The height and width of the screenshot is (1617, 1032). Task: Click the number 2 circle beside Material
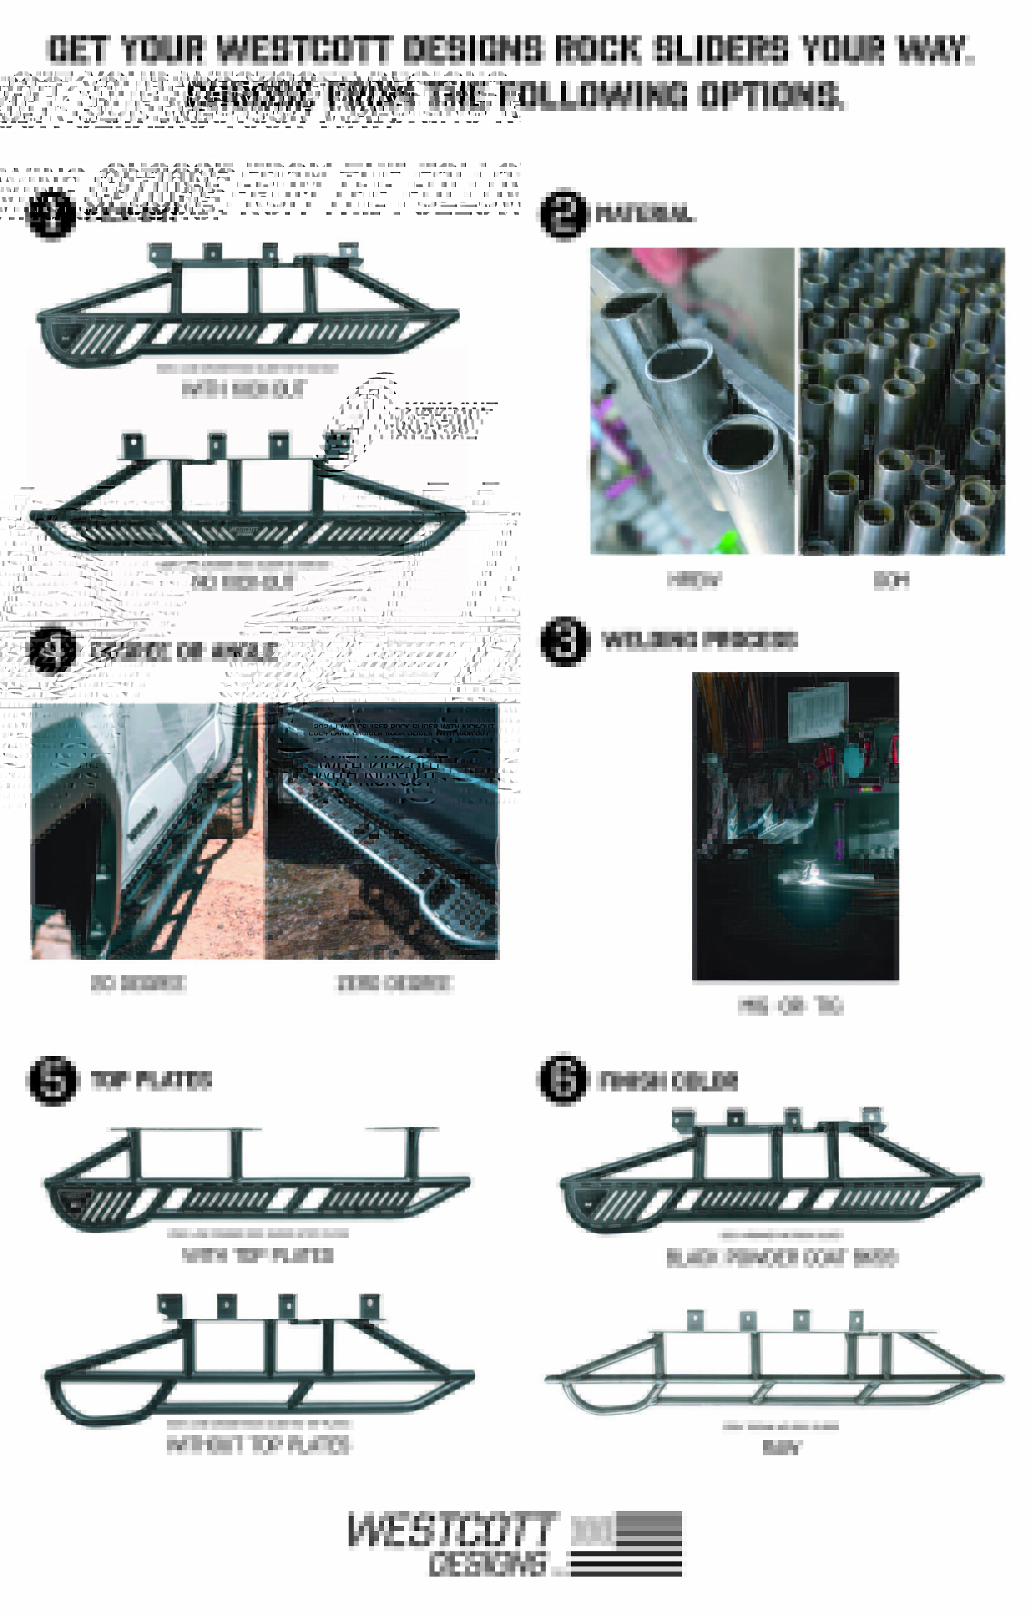[x=563, y=213]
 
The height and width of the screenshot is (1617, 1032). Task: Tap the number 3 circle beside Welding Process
[x=565, y=640]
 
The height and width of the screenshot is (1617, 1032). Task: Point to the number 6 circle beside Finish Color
[x=563, y=1078]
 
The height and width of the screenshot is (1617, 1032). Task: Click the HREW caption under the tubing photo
[x=694, y=579]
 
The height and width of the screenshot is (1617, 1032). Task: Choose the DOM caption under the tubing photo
[x=891, y=579]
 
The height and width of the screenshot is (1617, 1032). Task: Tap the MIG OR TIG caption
[x=789, y=1005]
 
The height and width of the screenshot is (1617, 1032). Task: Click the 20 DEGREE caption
[x=138, y=983]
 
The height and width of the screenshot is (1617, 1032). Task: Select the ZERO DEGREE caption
[x=394, y=983]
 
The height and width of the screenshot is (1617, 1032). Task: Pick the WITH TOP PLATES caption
[x=258, y=1255]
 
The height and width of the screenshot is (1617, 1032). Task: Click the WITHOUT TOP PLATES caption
[x=258, y=1445]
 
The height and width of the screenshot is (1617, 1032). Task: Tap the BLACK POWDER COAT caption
[x=781, y=1257]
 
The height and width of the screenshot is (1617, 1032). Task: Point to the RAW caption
[x=781, y=1448]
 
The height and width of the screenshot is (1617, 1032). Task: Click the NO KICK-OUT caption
[x=243, y=582]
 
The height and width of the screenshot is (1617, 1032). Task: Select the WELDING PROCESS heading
[x=699, y=639]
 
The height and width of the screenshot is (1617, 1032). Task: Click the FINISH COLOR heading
[x=668, y=1081]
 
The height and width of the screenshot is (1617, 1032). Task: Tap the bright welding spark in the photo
[x=815, y=875]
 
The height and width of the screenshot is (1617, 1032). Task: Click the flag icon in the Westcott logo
[x=626, y=1543]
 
